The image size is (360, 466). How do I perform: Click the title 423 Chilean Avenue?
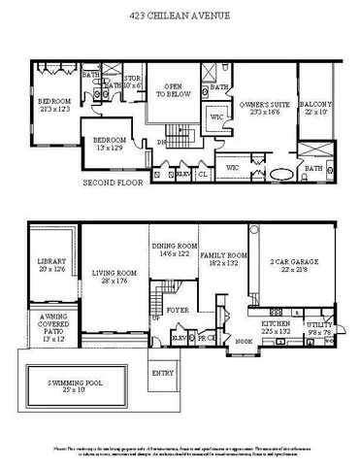pyautogui.click(x=180, y=17)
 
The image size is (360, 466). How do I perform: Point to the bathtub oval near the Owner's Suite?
pyautogui.click(x=282, y=174)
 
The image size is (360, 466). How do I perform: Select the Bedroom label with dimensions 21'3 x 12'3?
pyautogui.click(x=55, y=105)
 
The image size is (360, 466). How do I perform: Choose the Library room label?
pyautogui.click(x=50, y=265)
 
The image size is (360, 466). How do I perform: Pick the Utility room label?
pyautogui.click(x=320, y=326)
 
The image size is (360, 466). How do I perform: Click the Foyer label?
pyautogui.click(x=177, y=311)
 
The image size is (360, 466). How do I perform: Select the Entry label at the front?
pyautogui.click(x=162, y=373)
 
